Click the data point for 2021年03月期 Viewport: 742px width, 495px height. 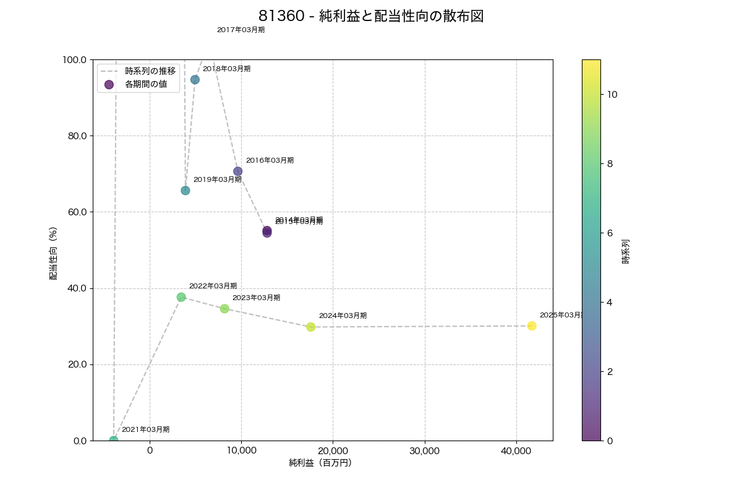(x=114, y=441)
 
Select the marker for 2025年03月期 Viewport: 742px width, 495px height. (x=532, y=326)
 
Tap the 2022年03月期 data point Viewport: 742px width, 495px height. (x=181, y=297)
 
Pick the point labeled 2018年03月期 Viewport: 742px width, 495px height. (x=195, y=80)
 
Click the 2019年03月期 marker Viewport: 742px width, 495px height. (x=185, y=191)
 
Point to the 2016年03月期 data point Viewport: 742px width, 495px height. (x=238, y=171)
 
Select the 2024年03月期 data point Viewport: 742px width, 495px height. (x=311, y=327)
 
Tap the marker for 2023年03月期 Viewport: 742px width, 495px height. (x=224, y=309)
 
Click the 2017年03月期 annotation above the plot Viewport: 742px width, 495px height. (x=241, y=30)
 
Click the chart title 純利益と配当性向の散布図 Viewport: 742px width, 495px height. (x=371, y=17)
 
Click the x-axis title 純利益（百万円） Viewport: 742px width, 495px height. (x=320, y=463)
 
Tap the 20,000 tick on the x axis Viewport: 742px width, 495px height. (x=333, y=451)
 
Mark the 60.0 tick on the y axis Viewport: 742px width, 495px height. (x=76, y=212)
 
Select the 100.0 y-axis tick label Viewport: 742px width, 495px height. (x=74, y=59)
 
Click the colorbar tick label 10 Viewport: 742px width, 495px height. (x=613, y=94)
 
